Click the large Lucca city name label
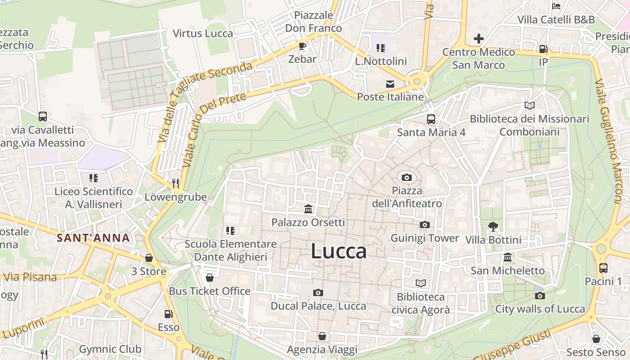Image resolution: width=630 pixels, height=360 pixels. click(x=338, y=251)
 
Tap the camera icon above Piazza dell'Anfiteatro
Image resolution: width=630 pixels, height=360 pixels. click(x=407, y=177)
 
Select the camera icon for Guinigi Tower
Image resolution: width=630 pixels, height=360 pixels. click(x=424, y=225)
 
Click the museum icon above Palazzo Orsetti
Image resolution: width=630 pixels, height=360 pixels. click(x=308, y=209)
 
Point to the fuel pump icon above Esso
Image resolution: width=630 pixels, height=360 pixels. click(x=168, y=314)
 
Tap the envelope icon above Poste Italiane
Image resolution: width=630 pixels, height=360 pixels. click(x=390, y=84)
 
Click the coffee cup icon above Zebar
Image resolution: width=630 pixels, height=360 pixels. click(x=302, y=46)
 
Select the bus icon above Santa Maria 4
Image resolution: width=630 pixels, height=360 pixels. click(x=431, y=119)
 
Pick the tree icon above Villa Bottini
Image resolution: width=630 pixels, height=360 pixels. click(x=493, y=226)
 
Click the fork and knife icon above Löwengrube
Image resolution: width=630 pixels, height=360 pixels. click(x=175, y=183)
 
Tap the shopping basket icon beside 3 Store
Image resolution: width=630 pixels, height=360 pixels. click(x=149, y=258)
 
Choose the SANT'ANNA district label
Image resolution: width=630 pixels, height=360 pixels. click(x=93, y=238)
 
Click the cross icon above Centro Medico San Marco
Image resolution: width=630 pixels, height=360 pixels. click(x=478, y=39)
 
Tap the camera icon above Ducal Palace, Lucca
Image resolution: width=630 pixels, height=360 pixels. click(x=318, y=292)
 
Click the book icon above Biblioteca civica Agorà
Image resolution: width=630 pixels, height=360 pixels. click(x=420, y=283)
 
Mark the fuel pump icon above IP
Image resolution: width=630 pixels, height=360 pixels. click(x=543, y=49)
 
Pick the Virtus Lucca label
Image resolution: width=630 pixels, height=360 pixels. click(x=203, y=33)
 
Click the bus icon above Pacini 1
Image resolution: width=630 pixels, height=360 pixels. click(x=603, y=268)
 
